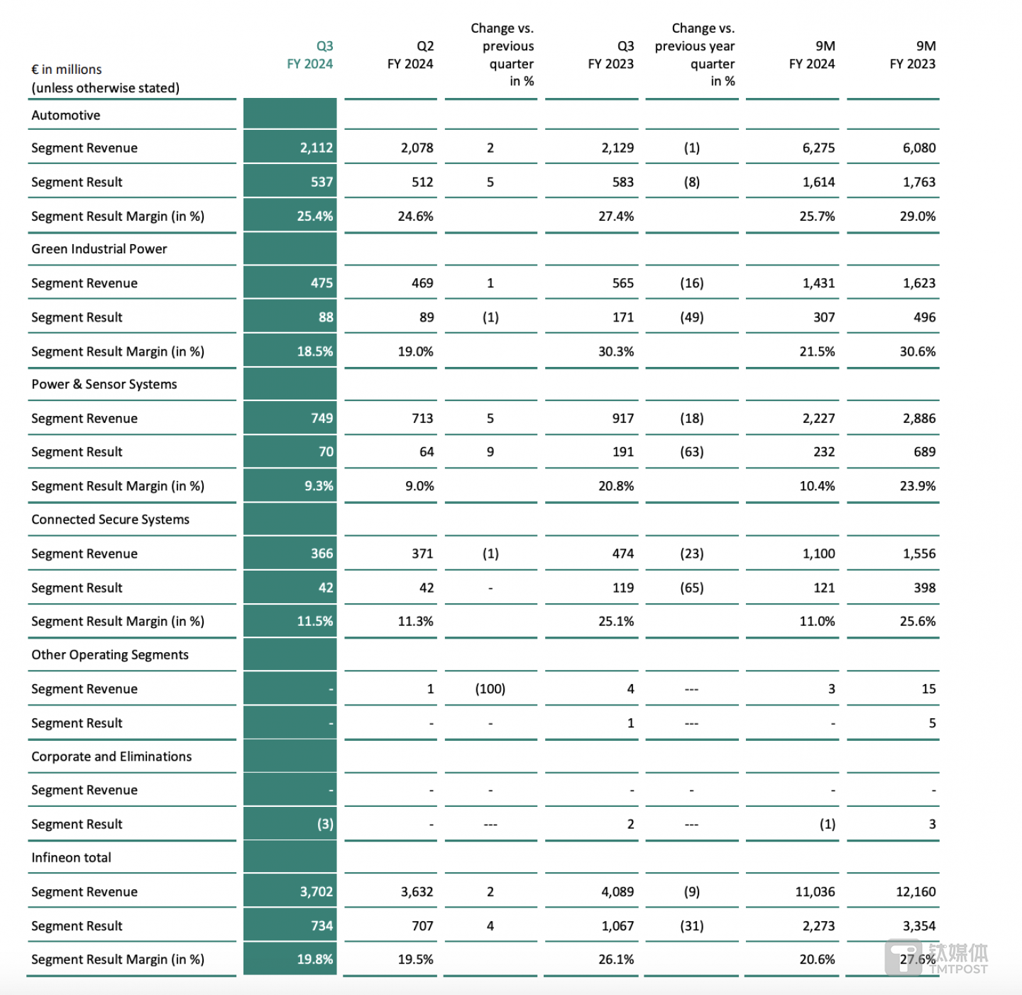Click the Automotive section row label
(x=66, y=115)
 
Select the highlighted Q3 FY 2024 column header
(x=310, y=55)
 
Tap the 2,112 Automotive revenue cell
(x=316, y=148)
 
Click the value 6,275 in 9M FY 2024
(x=818, y=148)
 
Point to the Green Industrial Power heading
(x=99, y=249)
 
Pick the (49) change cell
(x=692, y=317)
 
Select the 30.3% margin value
(x=616, y=351)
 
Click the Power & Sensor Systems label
(x=104, y=384)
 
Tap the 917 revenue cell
(x=622, y=418)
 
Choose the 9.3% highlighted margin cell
(x=319, y=486)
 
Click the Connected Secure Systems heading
(x=111, y=520)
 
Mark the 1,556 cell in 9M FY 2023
(x=919, y=554)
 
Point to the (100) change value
(x=490, y=689)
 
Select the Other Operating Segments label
(x=110, y=655)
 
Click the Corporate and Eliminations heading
(x=111, y=757)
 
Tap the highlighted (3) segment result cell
(x=325, y=824)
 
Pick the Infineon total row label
(x=71, y=857)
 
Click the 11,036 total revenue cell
(x=815, y=891)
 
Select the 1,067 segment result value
(x=617, y=925)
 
